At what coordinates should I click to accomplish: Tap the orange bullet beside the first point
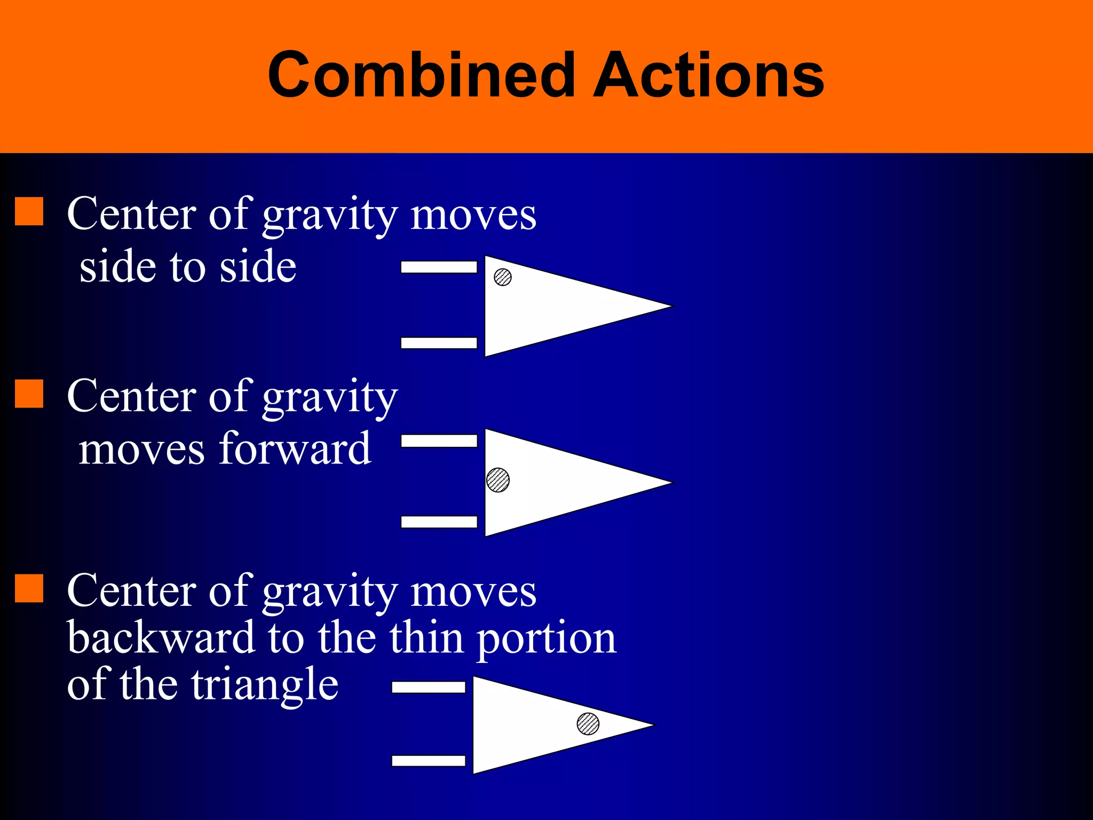pos(29,211)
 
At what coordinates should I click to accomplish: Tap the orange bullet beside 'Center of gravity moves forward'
pos(29,394)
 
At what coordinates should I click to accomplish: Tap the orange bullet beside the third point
pos(29,588)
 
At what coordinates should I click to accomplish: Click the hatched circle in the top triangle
pos(503,277)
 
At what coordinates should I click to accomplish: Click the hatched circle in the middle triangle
pos(498,480)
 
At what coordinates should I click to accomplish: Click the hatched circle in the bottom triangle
pos(588,724)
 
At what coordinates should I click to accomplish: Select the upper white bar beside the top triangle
pos(439,267)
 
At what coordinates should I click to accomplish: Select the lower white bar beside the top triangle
pos(439,343)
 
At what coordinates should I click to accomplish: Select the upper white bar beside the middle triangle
pos(439,440)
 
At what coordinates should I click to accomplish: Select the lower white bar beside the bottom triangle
pos(429,761)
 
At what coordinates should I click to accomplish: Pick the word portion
pos(546,638)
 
